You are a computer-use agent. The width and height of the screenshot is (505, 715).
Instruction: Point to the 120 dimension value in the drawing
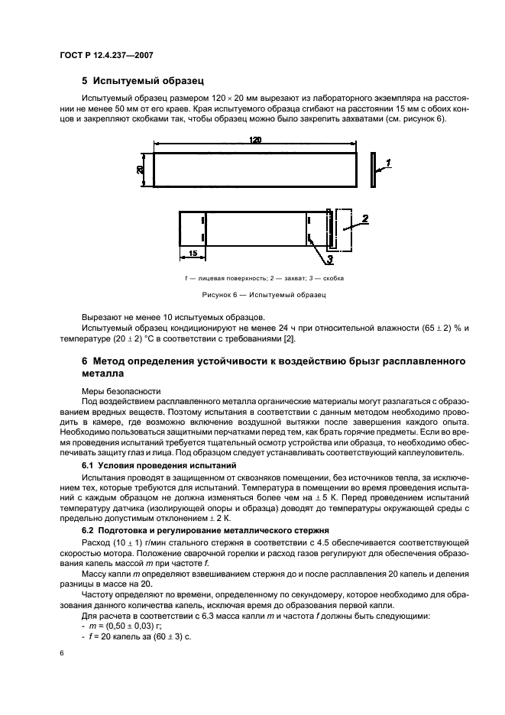click(255, 140)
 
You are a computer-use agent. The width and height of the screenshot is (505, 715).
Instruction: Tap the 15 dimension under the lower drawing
click(193, 253)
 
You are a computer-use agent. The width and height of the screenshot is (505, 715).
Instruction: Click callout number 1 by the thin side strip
click(388, 163)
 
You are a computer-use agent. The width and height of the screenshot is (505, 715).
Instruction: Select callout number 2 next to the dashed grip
click(365, 219)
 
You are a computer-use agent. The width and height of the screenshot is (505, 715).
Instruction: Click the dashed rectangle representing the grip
click(341, 229)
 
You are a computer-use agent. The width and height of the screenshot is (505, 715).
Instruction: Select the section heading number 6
click(86, 359)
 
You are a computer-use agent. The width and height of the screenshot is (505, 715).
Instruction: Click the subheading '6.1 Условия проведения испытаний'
click(150, 465)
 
